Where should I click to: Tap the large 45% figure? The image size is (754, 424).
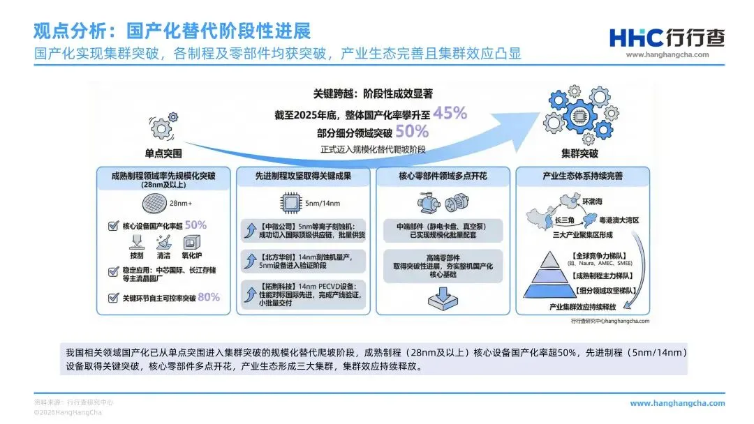pyautogui.click(x=450, y=112)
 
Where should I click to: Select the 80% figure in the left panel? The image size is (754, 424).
pyautogui.click(x=208, y=297)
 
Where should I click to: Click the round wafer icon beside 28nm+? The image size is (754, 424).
pyautogui.click(x=152, y=204)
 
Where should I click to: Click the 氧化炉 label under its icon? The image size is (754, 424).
pyautogui.click(x=191, y=255)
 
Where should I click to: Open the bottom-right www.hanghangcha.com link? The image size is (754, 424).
pyautogui.click(x=677, y=403)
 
